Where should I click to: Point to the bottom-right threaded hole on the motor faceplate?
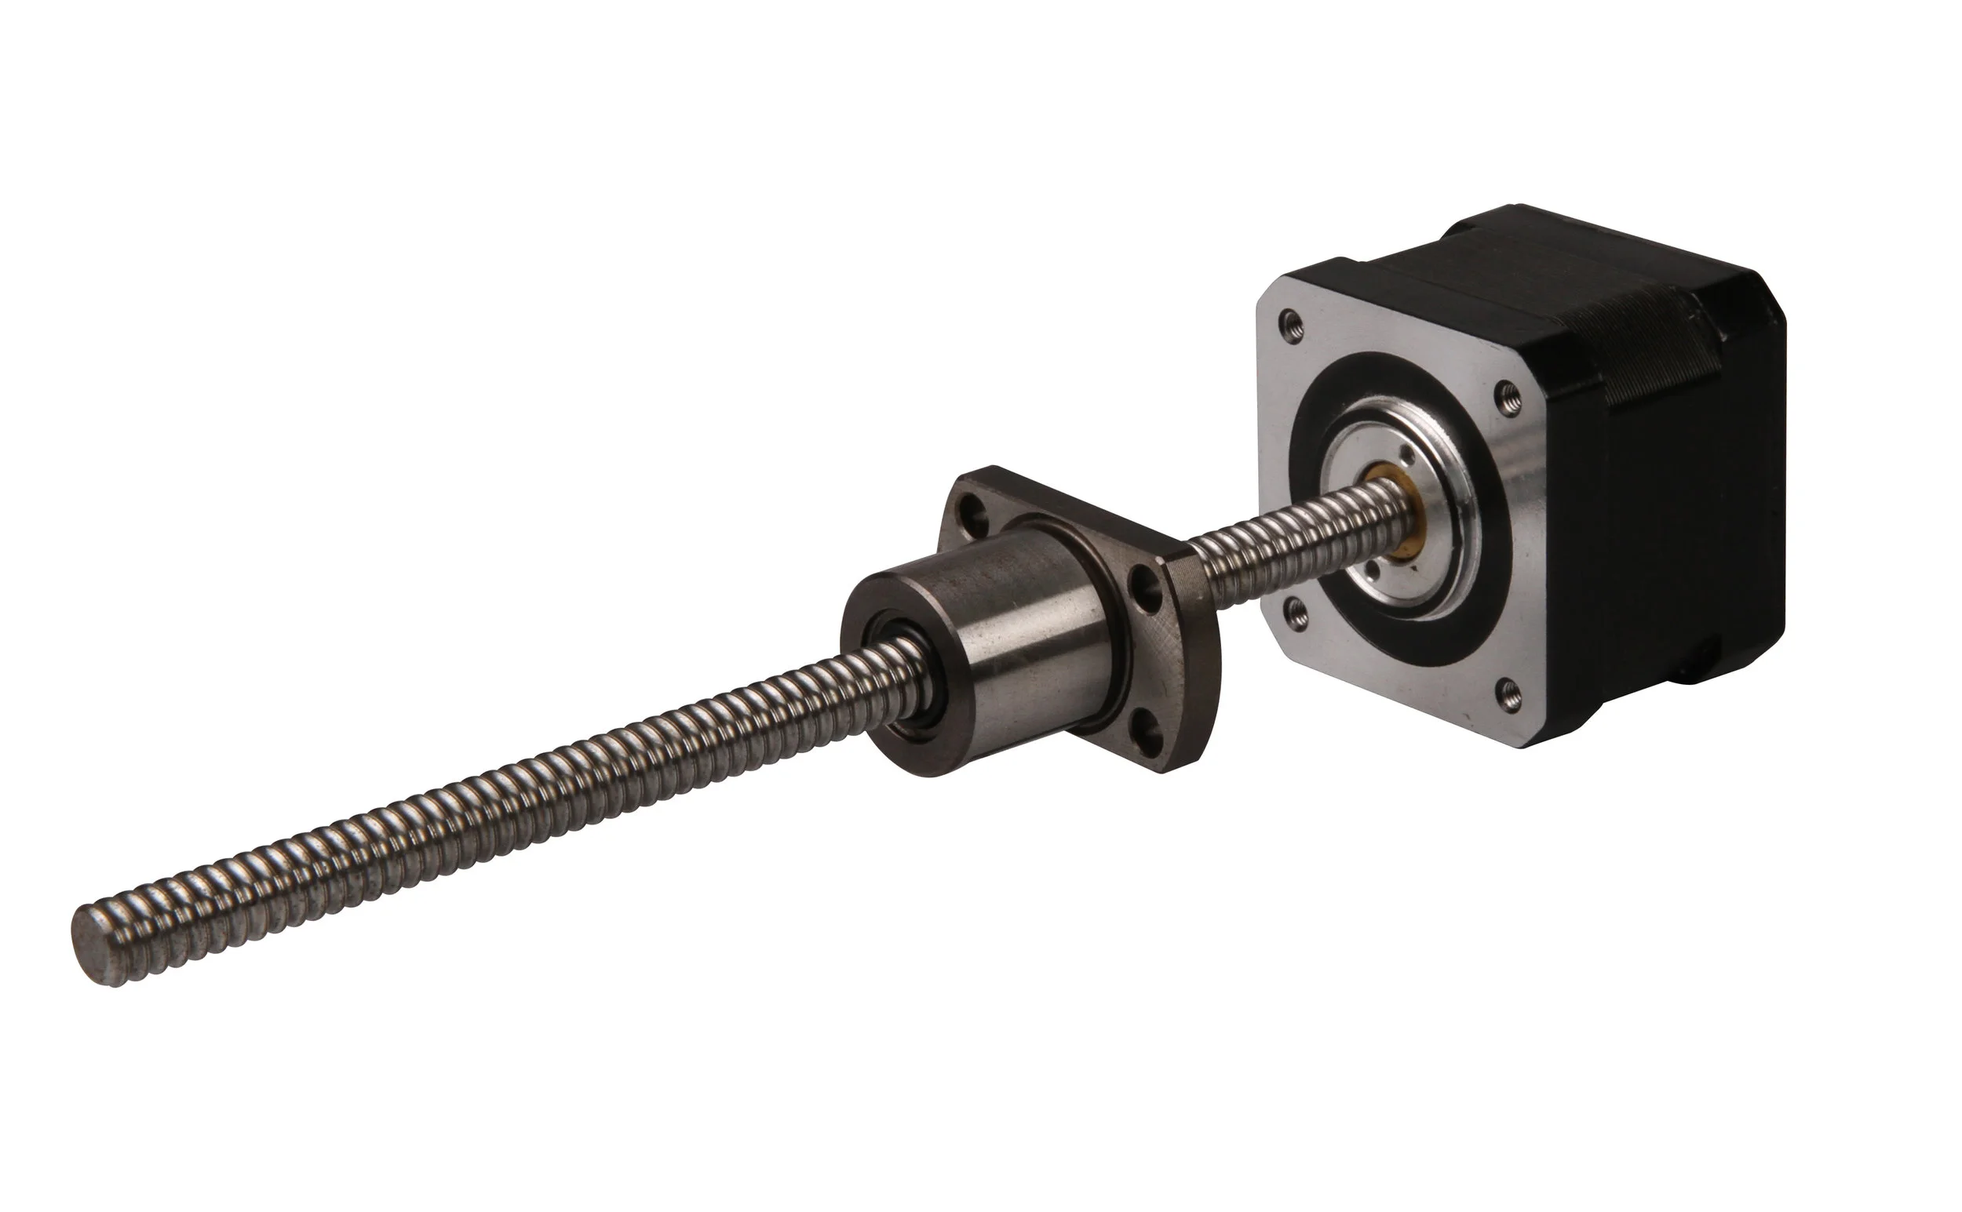click(x=1509, y=686)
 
